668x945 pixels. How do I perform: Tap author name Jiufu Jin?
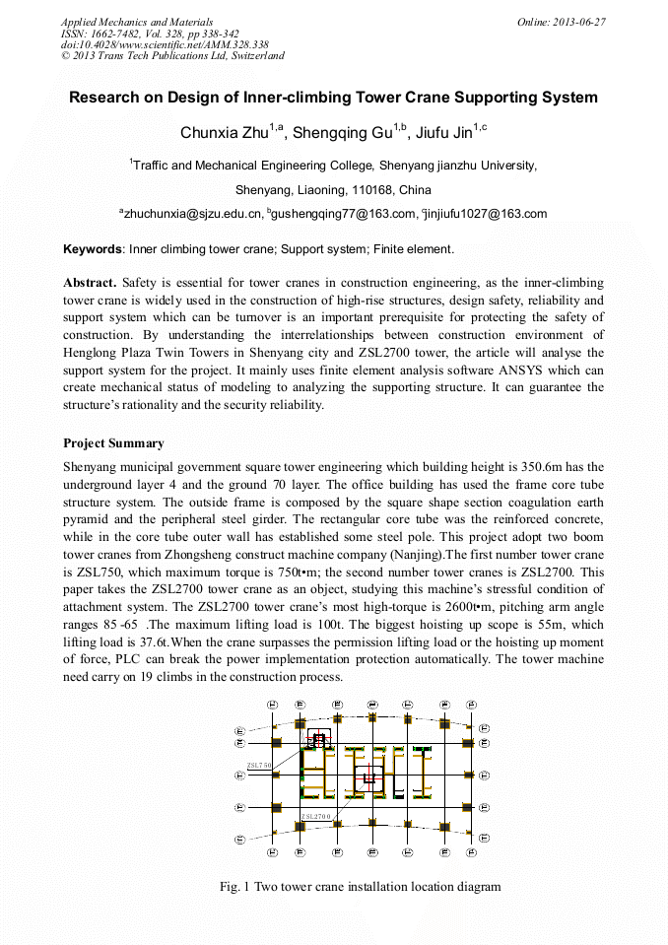(x=446, y=132)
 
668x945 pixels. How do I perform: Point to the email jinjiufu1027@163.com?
(x=486, y=213)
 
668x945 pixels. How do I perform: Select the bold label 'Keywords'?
(x=93, y=249)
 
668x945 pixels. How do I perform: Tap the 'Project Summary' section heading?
(x=113, y=443)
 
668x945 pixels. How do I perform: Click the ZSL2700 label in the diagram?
(x=316, y=817)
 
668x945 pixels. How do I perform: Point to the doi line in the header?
(x=165, y=44)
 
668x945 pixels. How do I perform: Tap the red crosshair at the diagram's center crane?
(x=369, y=777)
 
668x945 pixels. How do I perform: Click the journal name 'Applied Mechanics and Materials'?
(x=137, y=22)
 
